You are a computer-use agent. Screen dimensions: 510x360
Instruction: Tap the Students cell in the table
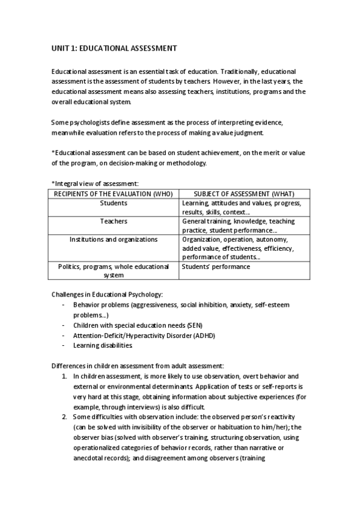pyautogui.click(x=114, y=203)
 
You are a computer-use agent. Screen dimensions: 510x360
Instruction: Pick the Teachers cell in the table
pyautogui.click(x=114, y=221)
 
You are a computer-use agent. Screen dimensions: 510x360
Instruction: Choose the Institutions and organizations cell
pyautogui.click(x=114, y=239)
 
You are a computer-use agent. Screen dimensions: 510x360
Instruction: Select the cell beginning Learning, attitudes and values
pyautogui.click(x=241, y=207)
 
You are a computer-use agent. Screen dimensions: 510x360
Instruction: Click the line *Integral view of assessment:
pyautogui.click(x=95, y=183)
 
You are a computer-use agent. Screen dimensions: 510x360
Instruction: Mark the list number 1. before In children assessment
pyautogui.click(x=65, y=376)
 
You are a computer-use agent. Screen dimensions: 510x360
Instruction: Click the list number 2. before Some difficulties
pyautogui.click(x=65, y=417)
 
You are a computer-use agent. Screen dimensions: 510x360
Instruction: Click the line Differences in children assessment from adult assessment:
pyautogui.click(x=137, y=366)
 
